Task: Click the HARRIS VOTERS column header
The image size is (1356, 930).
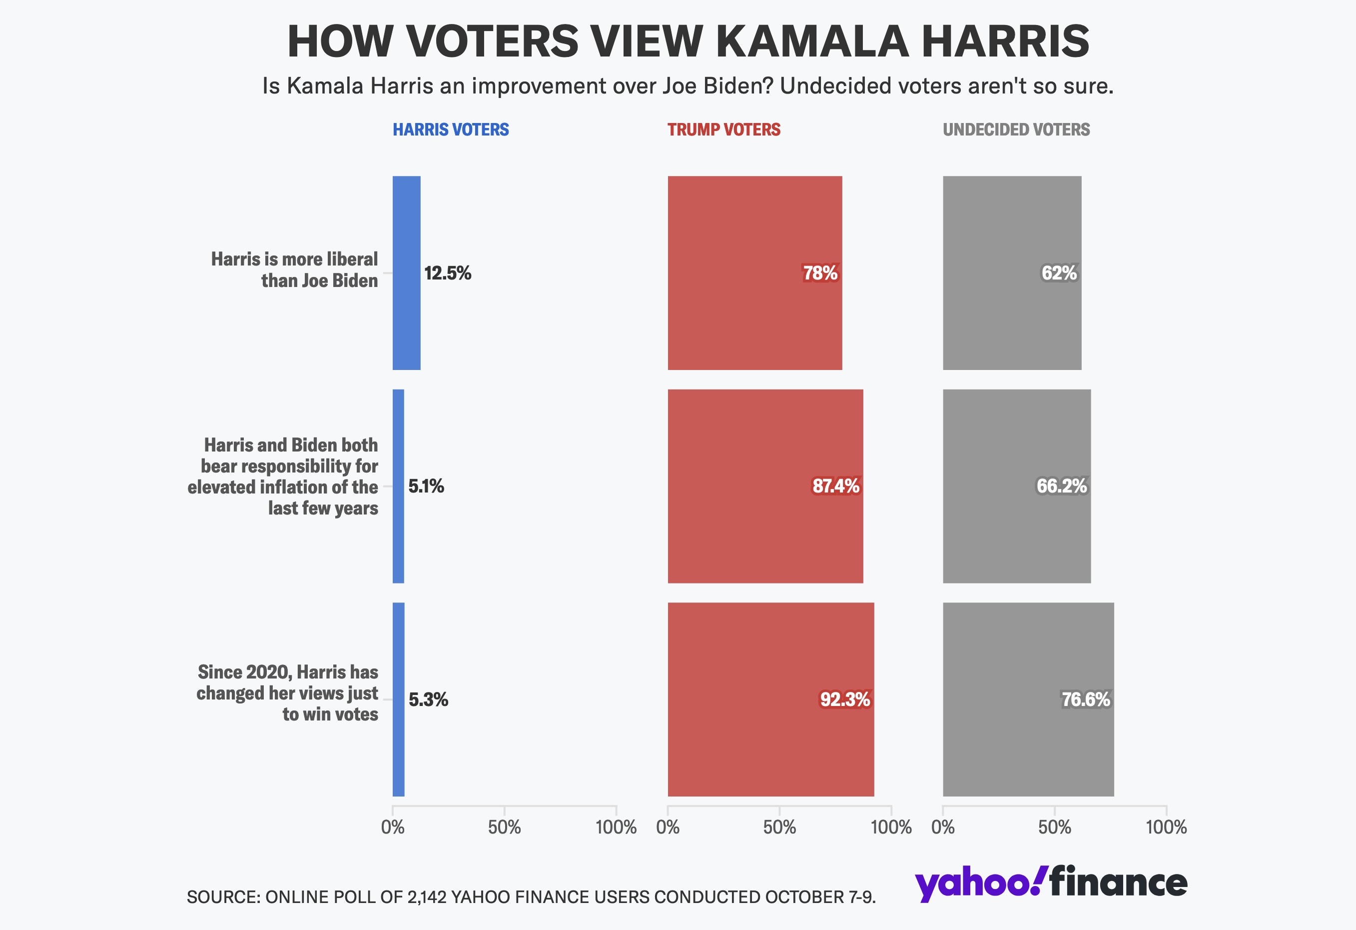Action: [451, 129]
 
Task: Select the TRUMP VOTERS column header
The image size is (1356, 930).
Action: [723, 129]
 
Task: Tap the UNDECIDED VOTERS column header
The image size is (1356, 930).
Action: [1016, 129]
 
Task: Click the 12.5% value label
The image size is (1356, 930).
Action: [448, 273]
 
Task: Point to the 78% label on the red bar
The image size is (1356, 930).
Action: [820, 273]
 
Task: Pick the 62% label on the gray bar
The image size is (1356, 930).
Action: [1059, 273]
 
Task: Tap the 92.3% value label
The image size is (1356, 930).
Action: [845, 699]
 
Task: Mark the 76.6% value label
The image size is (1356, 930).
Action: [1085, 699]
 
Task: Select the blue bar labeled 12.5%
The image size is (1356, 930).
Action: [406, 273]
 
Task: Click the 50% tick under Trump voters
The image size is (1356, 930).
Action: [779, 827]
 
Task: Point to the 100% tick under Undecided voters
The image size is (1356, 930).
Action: [1166, 827]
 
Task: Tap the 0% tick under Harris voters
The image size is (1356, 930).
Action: [393, 827]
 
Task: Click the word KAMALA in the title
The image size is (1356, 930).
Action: [811, 41]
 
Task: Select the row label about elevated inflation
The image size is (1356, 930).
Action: [283, 476]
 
